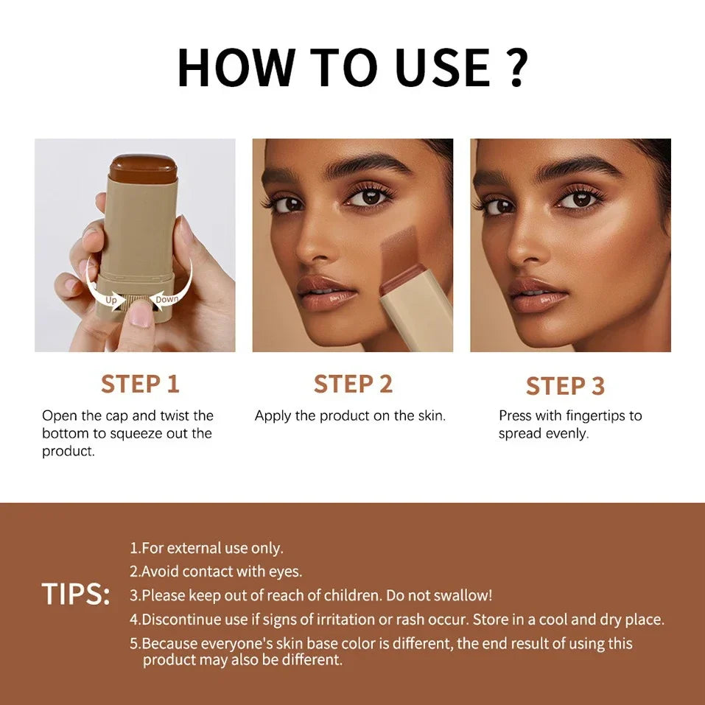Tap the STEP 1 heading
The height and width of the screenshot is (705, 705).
point(140,384)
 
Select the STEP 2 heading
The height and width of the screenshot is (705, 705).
point(353,384)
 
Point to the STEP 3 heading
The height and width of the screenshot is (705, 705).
point(565,385)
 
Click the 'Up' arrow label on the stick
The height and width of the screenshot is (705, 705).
point(111,300)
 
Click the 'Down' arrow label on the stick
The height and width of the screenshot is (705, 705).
point(167,299)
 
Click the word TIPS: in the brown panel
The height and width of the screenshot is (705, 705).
point(76,594)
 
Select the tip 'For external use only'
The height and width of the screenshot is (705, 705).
point(206,548)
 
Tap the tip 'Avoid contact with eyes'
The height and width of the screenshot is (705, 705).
point(216,572)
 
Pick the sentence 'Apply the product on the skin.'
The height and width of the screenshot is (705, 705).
point(350,415)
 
